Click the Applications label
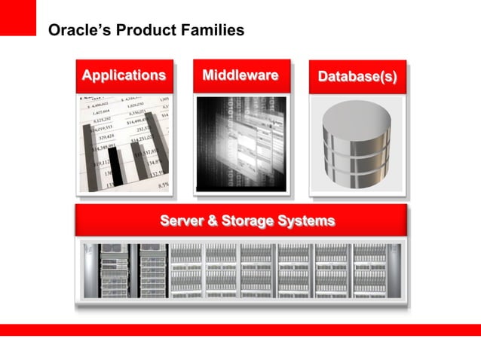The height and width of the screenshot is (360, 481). click(124, 75)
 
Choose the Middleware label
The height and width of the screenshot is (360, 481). click(240, 75)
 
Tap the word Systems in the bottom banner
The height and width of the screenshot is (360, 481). click(306, 221)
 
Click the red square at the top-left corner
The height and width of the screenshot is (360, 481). click(17, 17)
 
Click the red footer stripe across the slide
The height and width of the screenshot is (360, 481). click(240, 329)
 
